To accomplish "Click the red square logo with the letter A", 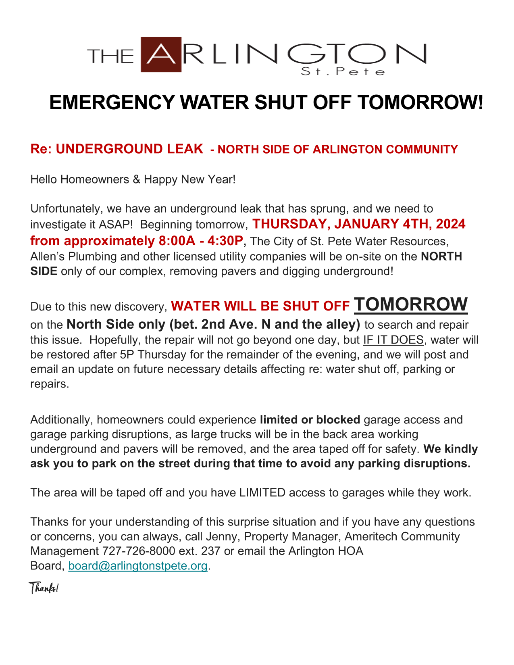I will (161, 54).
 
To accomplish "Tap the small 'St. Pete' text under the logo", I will (343, 72).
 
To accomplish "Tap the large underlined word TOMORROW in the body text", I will (411, 304).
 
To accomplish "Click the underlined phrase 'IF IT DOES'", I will (393, 340).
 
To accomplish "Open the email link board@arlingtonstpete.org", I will (138, 566).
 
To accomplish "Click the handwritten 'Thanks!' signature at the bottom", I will (44, 588).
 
